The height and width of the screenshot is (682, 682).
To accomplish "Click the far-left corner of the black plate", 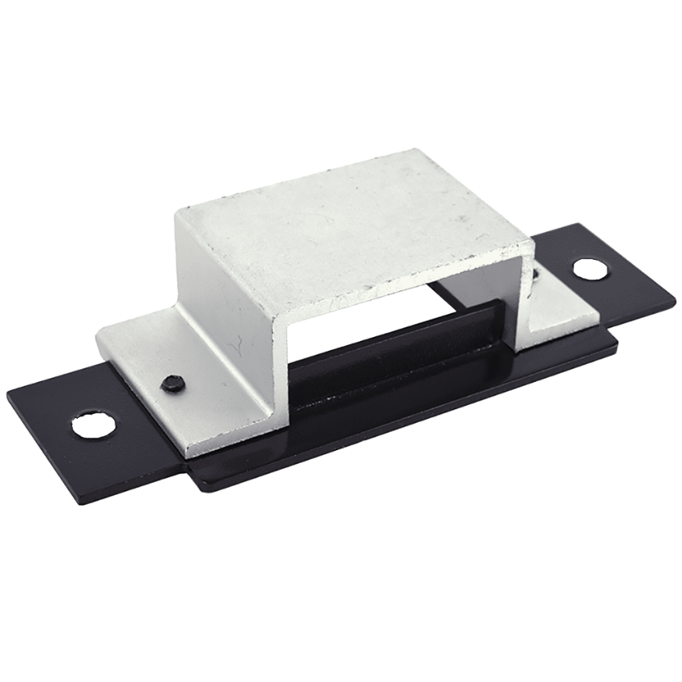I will (x=8, y=392).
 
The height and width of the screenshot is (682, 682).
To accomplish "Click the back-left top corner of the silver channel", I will (x=178, y=211).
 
